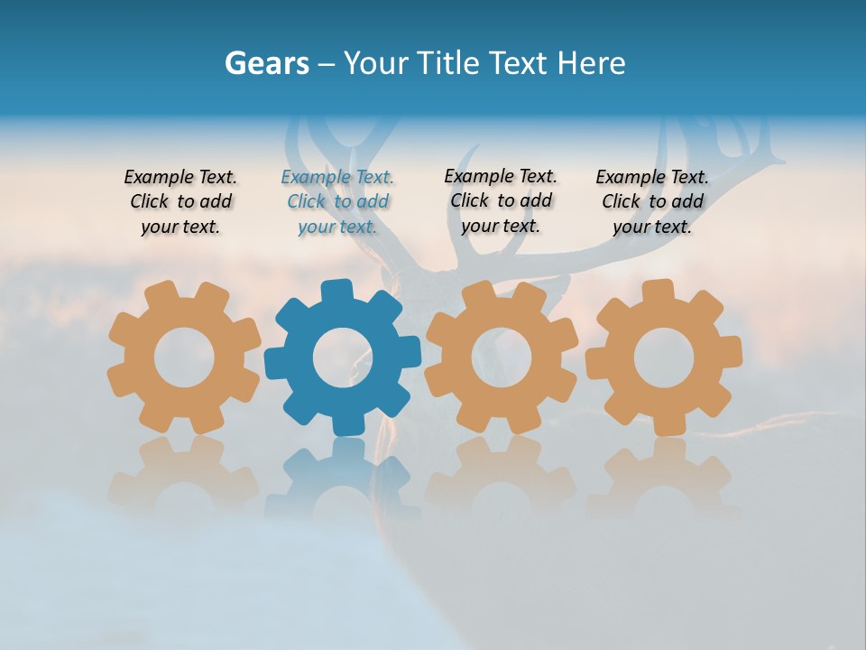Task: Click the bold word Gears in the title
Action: [x=266, y=63]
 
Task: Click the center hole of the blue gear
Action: [x=342, y=358]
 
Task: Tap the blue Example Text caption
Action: [x=337, y=202]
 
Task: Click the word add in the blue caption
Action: [x=373, y=202]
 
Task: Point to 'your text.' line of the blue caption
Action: [x=337, y=227]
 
